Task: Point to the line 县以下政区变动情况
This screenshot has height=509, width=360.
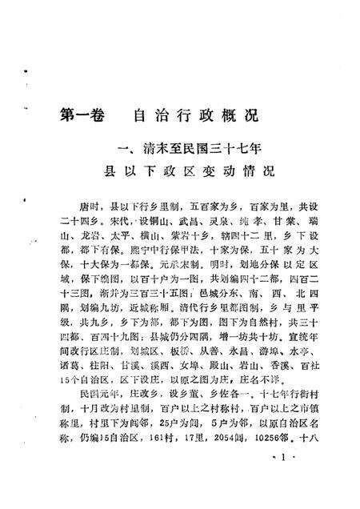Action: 186,170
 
